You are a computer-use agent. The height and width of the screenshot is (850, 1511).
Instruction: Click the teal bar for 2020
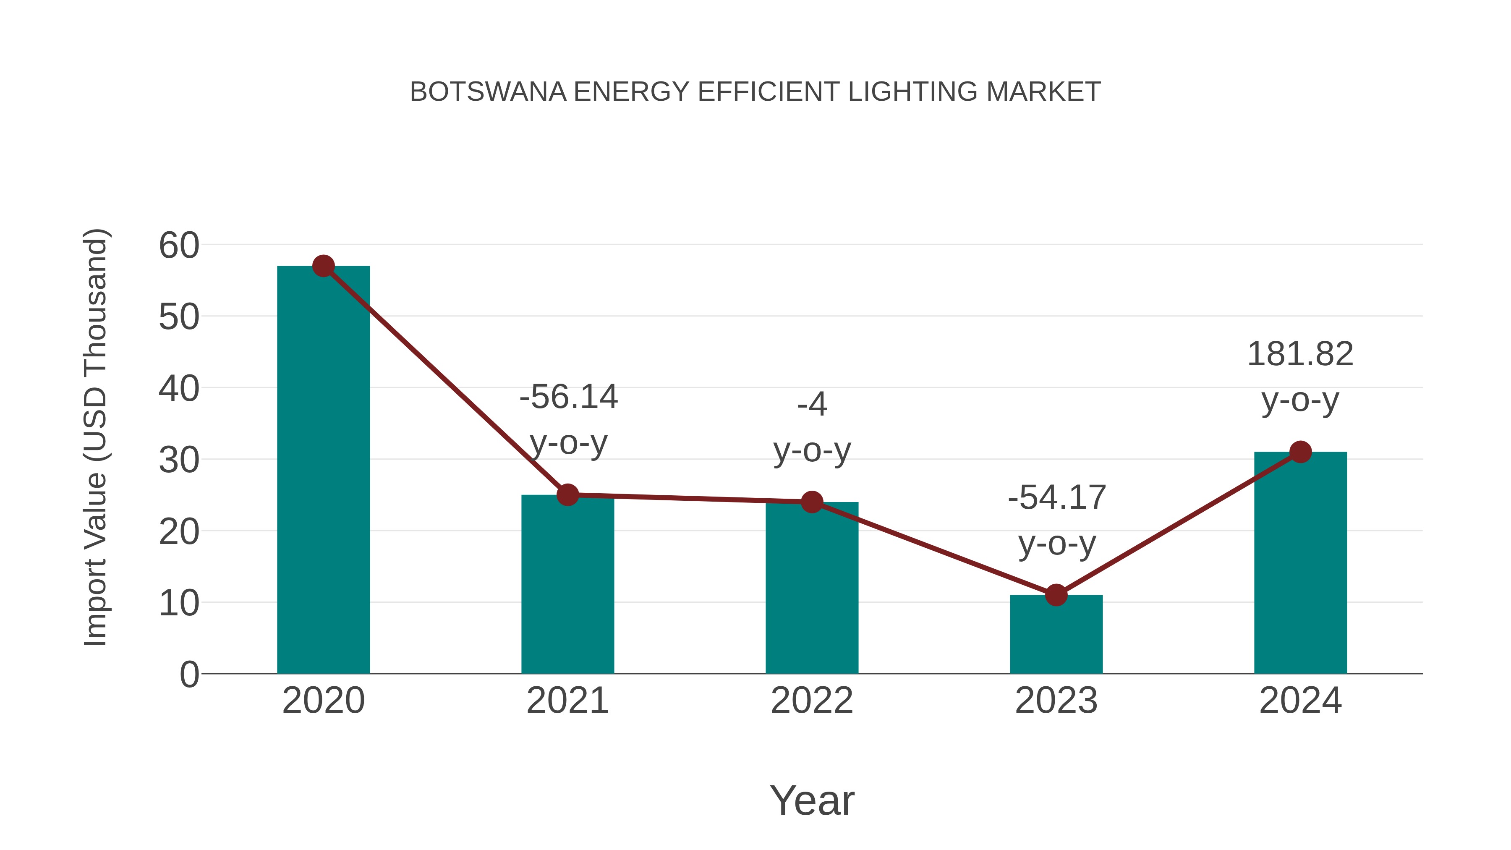[x=323, y=469]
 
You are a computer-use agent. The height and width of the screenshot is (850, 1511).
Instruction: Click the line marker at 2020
[x=323, y=266]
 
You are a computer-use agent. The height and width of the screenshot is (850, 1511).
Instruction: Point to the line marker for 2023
[x=1056, y=595]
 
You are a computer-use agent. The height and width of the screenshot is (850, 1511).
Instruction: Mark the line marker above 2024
[x=1300, y=452]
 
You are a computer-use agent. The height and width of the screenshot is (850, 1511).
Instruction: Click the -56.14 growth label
[x=568, y=397]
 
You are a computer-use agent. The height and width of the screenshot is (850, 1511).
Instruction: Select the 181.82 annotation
[x=1300, y=354]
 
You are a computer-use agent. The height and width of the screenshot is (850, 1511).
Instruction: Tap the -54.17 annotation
[x=1056, y=497]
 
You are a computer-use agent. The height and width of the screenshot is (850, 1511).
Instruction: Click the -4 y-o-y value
[x=812, y=404]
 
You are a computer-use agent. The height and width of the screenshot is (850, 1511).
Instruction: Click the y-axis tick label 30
[x=179, y=460]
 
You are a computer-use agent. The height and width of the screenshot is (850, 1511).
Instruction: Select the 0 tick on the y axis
[x=189, y=674]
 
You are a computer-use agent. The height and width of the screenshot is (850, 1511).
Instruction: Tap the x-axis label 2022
[x=812, y=701]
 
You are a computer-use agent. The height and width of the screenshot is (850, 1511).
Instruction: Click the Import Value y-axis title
[x=95, y=437]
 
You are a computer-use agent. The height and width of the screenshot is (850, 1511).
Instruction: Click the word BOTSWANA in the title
[x=488, y=92]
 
